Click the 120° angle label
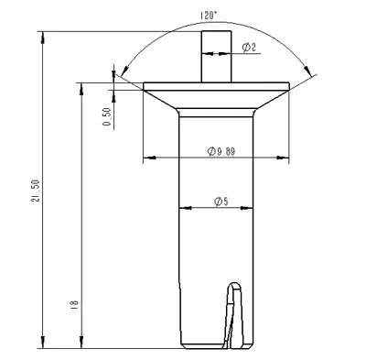click(208, 16)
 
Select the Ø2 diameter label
click(249, 48)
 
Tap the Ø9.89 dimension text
click(221, 151)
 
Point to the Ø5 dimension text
click(221, 202)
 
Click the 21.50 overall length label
click(36, 191)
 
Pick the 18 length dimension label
click(75, 304)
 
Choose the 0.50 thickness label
click(107, 116)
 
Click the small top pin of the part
click(216, 57)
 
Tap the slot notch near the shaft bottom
click(234, 315)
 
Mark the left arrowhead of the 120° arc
click(124, 71)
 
